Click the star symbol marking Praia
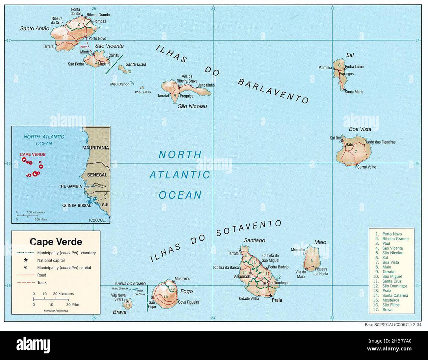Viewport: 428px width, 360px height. pos(271,296)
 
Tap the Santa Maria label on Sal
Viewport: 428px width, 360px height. pos(354,92)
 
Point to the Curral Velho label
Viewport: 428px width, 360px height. pos(366,167)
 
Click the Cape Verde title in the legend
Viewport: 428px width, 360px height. pos(56,242)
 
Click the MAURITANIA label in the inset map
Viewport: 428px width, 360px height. pos(95,148)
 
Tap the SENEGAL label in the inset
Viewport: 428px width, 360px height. pos(97,175)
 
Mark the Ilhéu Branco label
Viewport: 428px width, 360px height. pos(120,84)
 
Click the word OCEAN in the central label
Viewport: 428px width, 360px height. pos(180,195)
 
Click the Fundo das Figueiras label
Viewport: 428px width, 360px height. pos(380,142)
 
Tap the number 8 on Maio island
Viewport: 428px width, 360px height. pos(312,261)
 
